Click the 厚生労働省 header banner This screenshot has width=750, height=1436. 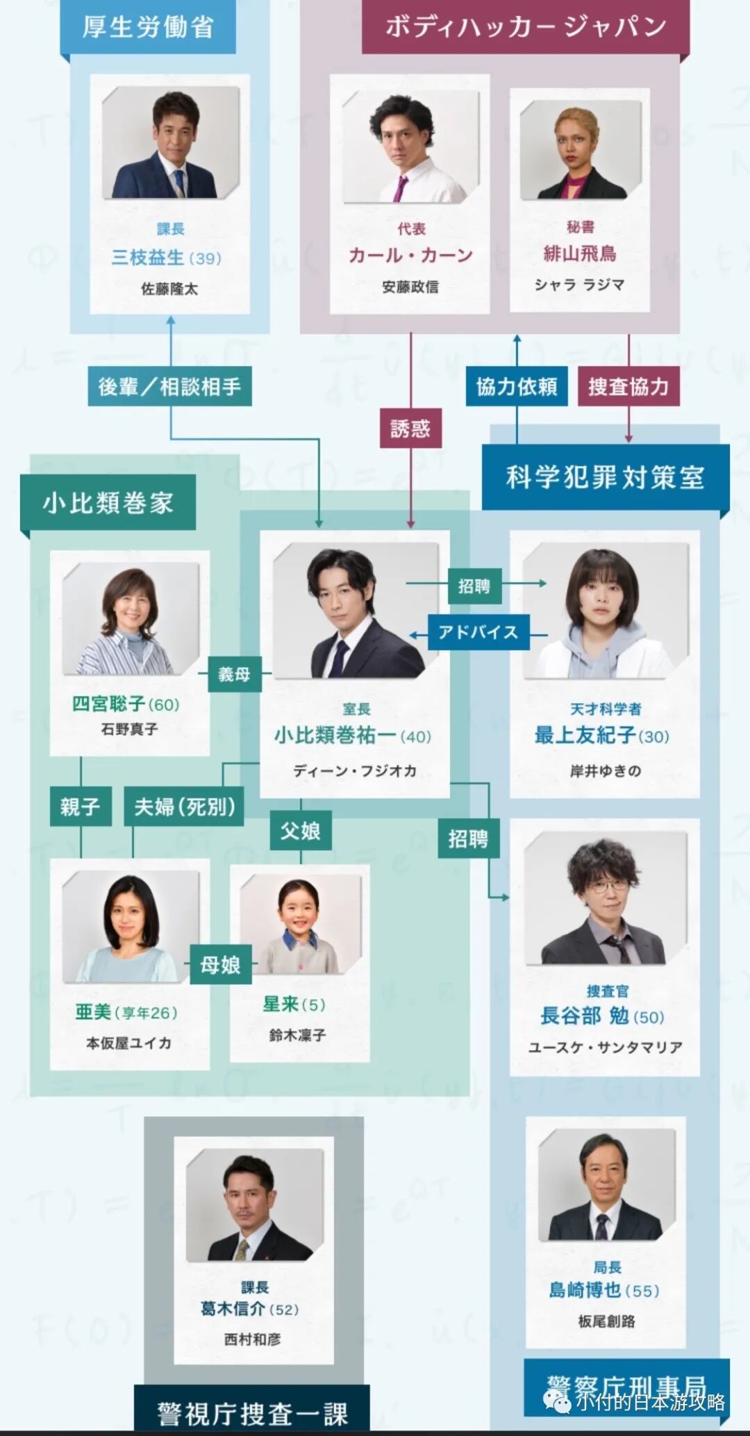click(148, 26)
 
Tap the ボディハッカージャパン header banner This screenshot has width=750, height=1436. click(526, 26)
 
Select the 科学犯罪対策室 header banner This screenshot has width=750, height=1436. click(605, 477)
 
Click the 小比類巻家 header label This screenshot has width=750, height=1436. click(108, 502)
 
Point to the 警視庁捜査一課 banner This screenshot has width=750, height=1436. click(251, 1412)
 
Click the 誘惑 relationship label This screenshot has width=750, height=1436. click(410, 429)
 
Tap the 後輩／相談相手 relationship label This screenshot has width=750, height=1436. click(169, 386)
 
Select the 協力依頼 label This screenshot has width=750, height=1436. click(516, 386)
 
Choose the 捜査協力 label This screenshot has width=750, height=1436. click(628, 386)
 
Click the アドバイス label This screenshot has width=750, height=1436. click(478, 632)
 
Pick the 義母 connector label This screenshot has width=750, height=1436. click(234, 674)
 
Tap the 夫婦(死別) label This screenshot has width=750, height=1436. click(184, 807)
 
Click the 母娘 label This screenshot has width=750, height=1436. click(220, 964)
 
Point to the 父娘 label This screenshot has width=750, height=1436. click(300, 831)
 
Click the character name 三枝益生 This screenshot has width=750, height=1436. click(148, 258)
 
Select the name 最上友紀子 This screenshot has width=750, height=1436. click(585, 735)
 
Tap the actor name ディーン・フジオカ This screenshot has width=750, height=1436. click(354, 770)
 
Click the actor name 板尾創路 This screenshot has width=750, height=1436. click(606, 1321)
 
